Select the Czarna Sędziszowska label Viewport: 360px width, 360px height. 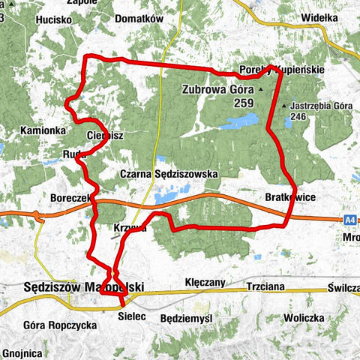(169, 173)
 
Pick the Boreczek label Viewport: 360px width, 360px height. (69, 196)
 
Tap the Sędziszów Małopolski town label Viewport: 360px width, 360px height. (83, 286)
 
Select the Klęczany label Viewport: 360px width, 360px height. (205, 283)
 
